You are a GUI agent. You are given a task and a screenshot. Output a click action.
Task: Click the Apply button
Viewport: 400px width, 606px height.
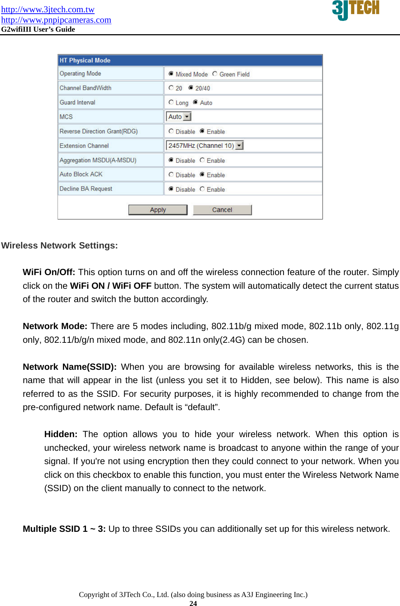158,210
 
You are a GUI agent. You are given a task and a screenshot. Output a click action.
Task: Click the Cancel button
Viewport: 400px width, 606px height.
222,210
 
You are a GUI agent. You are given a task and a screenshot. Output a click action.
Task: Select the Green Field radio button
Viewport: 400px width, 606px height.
215,74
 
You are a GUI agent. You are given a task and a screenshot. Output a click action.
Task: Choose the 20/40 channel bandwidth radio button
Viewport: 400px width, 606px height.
191,88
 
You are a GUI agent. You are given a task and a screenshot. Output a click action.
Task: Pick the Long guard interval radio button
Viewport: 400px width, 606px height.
171,102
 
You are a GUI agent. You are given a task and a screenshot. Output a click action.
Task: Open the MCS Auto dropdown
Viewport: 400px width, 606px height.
187,117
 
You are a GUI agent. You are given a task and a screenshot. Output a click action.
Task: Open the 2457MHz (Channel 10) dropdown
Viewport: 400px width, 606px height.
240,145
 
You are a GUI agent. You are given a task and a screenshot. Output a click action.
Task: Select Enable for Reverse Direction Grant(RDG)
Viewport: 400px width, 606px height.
202,131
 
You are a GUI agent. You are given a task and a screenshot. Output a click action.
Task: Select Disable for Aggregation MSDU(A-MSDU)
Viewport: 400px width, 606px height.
171,160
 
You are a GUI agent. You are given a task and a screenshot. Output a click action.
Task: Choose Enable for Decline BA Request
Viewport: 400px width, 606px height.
202,189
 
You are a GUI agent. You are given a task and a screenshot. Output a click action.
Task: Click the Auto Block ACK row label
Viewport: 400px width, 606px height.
81,174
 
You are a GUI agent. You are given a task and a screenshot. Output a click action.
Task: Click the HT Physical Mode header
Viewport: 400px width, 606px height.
85,60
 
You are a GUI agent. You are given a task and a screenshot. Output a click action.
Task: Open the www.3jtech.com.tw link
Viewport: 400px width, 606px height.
48,9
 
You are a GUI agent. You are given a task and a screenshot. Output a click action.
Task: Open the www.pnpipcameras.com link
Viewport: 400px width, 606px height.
56,20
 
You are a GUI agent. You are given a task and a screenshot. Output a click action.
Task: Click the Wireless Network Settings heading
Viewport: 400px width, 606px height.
59,246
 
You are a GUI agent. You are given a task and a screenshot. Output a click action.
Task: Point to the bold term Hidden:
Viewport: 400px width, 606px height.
60,434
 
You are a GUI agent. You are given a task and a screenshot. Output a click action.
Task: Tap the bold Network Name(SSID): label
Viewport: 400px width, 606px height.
69,367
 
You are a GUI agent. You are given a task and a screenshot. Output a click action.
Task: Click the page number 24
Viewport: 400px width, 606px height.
193,603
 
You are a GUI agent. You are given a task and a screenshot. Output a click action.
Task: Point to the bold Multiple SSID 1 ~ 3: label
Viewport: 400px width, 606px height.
64,529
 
